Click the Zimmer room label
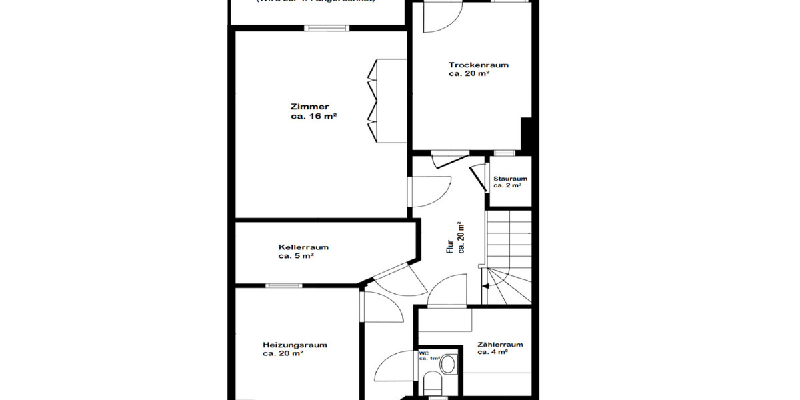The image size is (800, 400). (309, 107)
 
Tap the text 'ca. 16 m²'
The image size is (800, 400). (313, 116)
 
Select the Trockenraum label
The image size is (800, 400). (479, 65)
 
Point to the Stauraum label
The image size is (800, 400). (510, 179)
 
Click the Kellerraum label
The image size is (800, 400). (303, 247)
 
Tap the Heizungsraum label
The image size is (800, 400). (294, 345)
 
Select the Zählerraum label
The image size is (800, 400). (499, 345)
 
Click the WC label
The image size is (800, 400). (423, 353)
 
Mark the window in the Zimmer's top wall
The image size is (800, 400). (327, 28)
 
